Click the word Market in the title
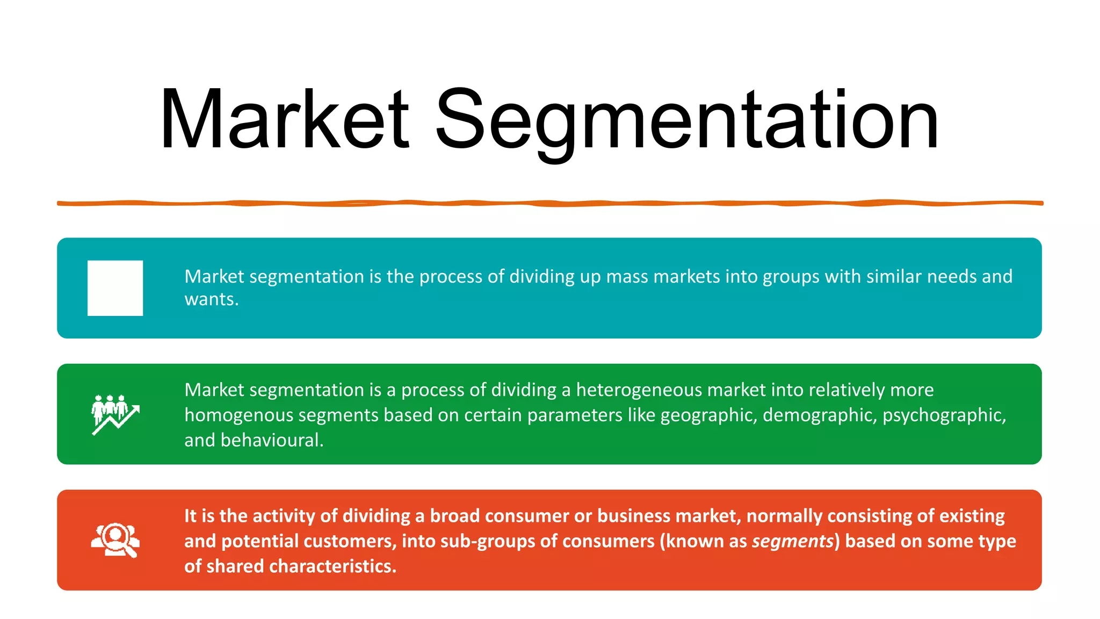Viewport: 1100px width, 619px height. click(x=285, y=119)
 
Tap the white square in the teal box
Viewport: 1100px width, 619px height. click(x=115, y=288)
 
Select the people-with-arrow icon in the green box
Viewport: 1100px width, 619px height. click(x=115, y=414)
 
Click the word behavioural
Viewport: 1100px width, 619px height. click(x=271, y=440)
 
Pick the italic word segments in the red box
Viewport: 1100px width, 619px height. click(x=793, y=541)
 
